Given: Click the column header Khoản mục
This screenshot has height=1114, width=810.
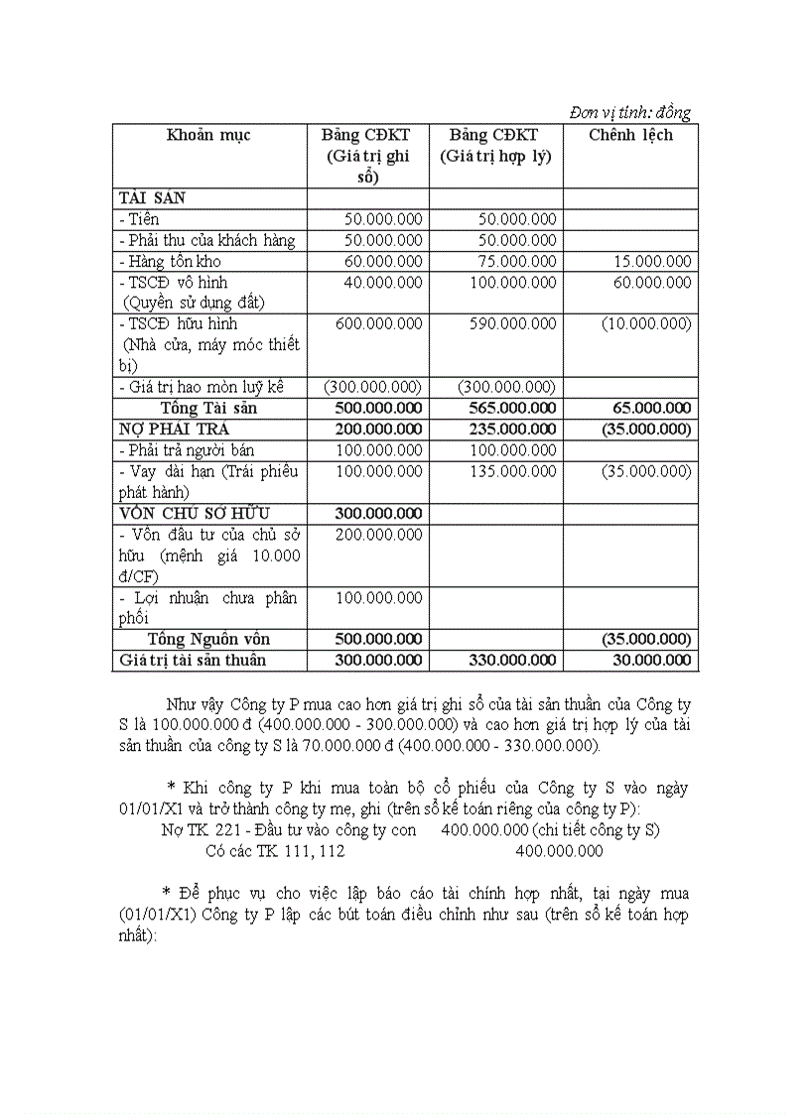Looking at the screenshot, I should click(208, 135).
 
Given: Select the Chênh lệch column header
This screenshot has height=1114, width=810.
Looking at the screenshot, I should click(630, 135).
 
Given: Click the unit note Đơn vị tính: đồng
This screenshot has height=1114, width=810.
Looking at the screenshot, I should click(630, 112).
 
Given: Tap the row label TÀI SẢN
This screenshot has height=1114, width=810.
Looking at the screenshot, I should click(152, 198).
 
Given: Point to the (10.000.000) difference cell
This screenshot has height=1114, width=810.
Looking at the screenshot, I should click(646, 324).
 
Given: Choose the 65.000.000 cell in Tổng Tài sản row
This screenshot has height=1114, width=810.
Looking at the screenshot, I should click(651, 409).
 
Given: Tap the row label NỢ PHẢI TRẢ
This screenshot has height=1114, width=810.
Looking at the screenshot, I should click(174, 430).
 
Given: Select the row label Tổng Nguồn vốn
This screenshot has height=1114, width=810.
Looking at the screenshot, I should click(208, 639).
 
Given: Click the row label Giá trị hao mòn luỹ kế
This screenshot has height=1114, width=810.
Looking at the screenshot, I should click(202, 387).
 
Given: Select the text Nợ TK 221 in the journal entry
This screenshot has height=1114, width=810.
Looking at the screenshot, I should click(198, 830).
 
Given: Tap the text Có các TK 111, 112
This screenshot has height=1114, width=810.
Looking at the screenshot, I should click(275, 851).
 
